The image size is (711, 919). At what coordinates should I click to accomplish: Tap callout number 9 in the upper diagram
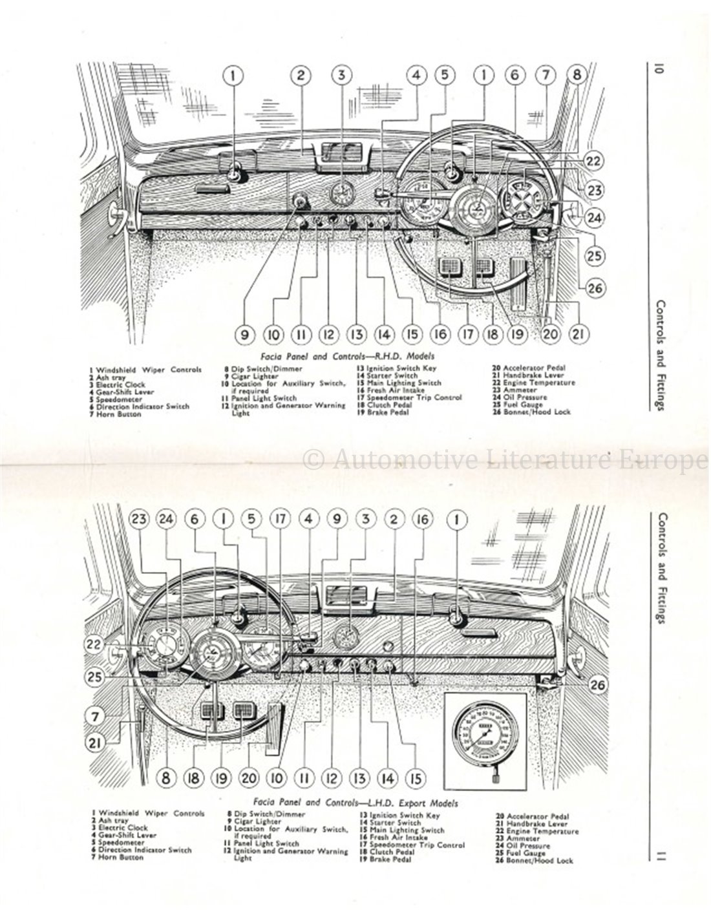point(245,334)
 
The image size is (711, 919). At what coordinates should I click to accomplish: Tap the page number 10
point(658,69)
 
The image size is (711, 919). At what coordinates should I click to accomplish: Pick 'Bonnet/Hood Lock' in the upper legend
point(540,412)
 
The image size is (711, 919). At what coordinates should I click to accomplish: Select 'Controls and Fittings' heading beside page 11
point(660,568)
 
